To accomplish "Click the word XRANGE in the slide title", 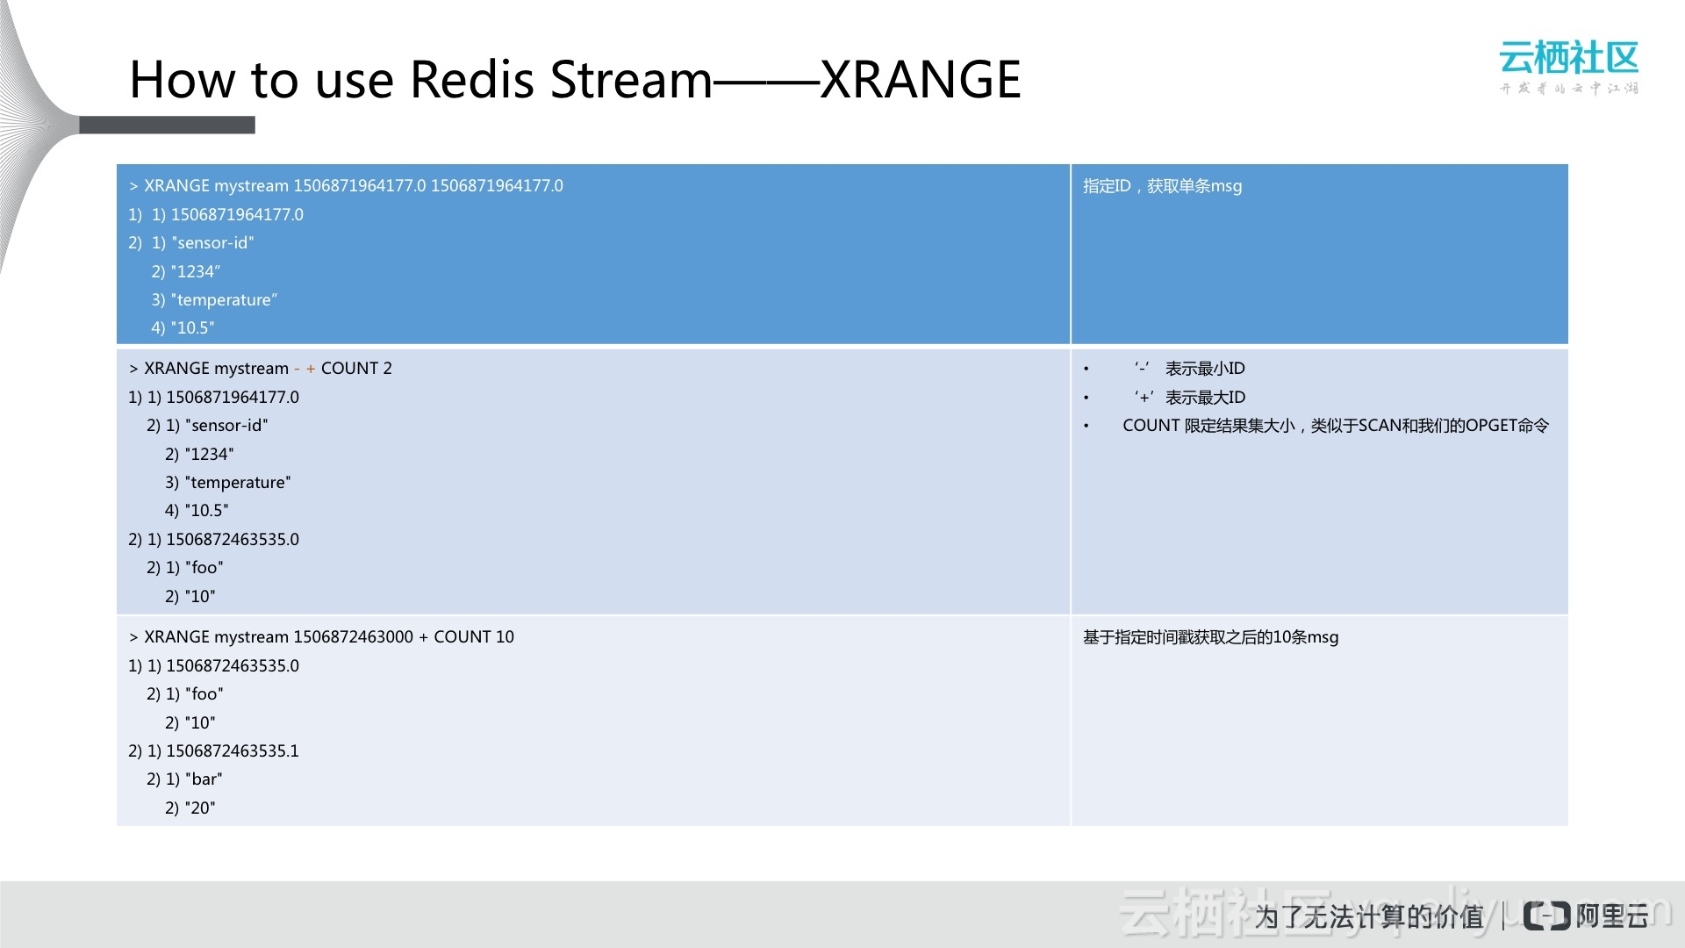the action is (921, 80).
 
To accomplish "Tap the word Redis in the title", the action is (472, 80).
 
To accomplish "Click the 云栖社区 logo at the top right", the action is (1569, 67).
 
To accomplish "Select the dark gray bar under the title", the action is (167, 125).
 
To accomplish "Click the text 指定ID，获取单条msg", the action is (1162, 186).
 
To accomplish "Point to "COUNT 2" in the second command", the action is (356, 369).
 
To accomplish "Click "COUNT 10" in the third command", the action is (474, 637).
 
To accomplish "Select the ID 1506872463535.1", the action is (233, 751).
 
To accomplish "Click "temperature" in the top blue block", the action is (224, 300).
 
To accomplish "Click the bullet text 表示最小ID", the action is (1205, 369).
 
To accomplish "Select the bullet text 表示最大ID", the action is (1205, 398).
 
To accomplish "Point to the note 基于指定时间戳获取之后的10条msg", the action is (1211, 637).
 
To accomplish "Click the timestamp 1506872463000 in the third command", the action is (353, 637).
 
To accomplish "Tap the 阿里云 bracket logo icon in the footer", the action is (1546, 916).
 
